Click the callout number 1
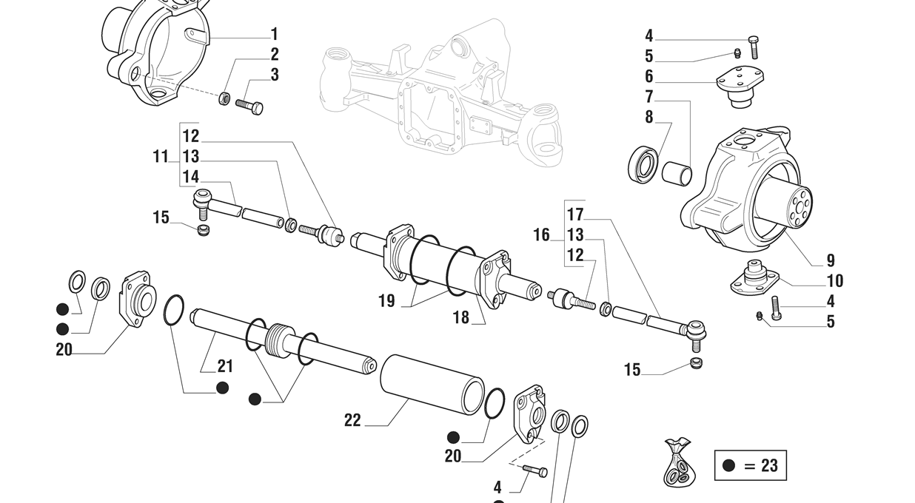click(275, 34)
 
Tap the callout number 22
click(352, 420)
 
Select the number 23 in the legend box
click(769, 465)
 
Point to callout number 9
click(831, 260)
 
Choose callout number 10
click(834, 281)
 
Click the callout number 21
click(225, 365)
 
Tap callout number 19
click(386, 301)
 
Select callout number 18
click(461, 317)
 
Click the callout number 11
click(161, 157)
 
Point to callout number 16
click(542, 235)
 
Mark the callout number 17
click(575, 215)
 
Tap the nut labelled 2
click(225, 98)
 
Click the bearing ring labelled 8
click(643, 163)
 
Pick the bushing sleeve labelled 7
click(676, 175)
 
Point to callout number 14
click(191, 177)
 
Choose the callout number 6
click(649, 75)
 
